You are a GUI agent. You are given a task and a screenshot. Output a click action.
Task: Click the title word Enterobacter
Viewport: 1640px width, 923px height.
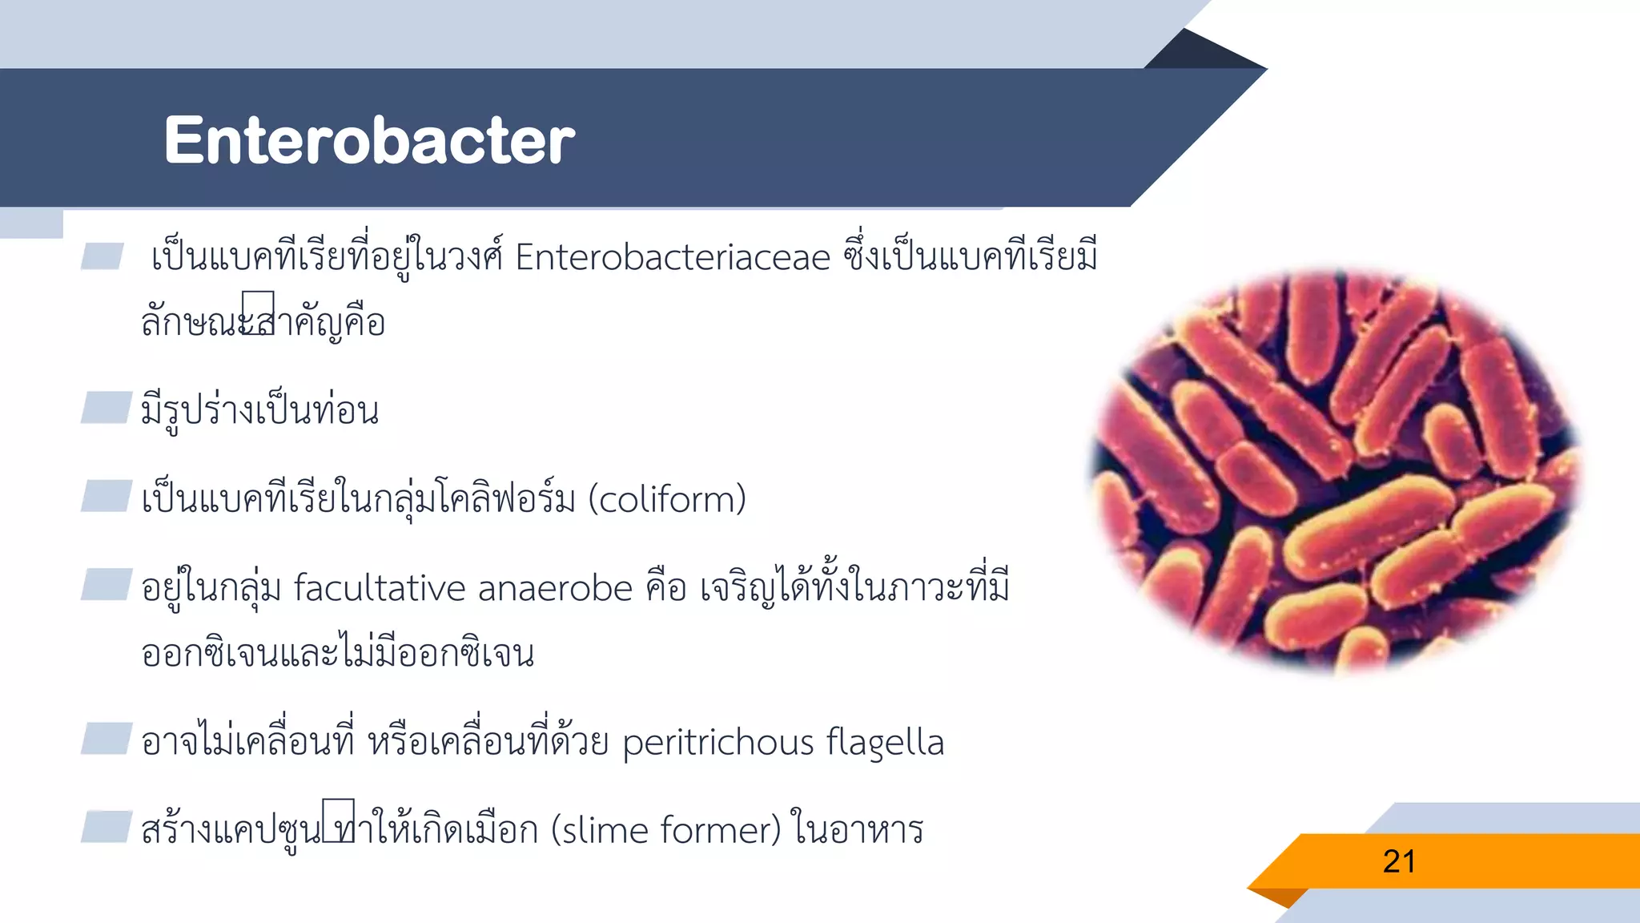369,140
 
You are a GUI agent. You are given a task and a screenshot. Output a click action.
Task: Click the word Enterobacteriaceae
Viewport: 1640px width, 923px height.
673,258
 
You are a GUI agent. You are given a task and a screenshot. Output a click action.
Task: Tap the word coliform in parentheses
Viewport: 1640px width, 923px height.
667,500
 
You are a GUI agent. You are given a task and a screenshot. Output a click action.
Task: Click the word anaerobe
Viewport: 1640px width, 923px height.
556,589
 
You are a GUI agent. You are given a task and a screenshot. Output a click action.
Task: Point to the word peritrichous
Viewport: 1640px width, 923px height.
717,743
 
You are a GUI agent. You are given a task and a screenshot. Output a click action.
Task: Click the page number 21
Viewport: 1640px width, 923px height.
1399,862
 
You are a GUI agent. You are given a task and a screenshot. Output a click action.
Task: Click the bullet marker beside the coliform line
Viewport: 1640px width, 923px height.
106,496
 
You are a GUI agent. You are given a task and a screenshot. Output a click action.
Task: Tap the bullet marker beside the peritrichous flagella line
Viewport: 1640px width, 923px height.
106,739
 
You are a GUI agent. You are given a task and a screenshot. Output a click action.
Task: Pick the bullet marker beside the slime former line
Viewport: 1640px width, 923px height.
106,827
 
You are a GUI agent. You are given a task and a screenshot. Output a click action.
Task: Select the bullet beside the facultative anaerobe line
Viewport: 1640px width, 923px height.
106,584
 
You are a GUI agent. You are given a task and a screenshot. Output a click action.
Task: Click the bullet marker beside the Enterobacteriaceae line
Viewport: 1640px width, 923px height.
102,256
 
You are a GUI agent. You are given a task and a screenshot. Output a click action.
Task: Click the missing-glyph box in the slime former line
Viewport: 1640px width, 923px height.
338,820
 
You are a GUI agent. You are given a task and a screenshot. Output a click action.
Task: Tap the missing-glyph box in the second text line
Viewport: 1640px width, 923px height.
258,312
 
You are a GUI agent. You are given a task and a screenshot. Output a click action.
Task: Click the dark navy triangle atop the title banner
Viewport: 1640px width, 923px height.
1201,53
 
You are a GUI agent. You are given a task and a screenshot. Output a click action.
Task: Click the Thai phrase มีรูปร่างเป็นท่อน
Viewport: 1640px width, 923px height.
259,411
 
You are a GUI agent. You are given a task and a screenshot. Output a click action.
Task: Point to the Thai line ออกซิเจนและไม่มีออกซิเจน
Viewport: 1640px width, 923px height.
337,654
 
